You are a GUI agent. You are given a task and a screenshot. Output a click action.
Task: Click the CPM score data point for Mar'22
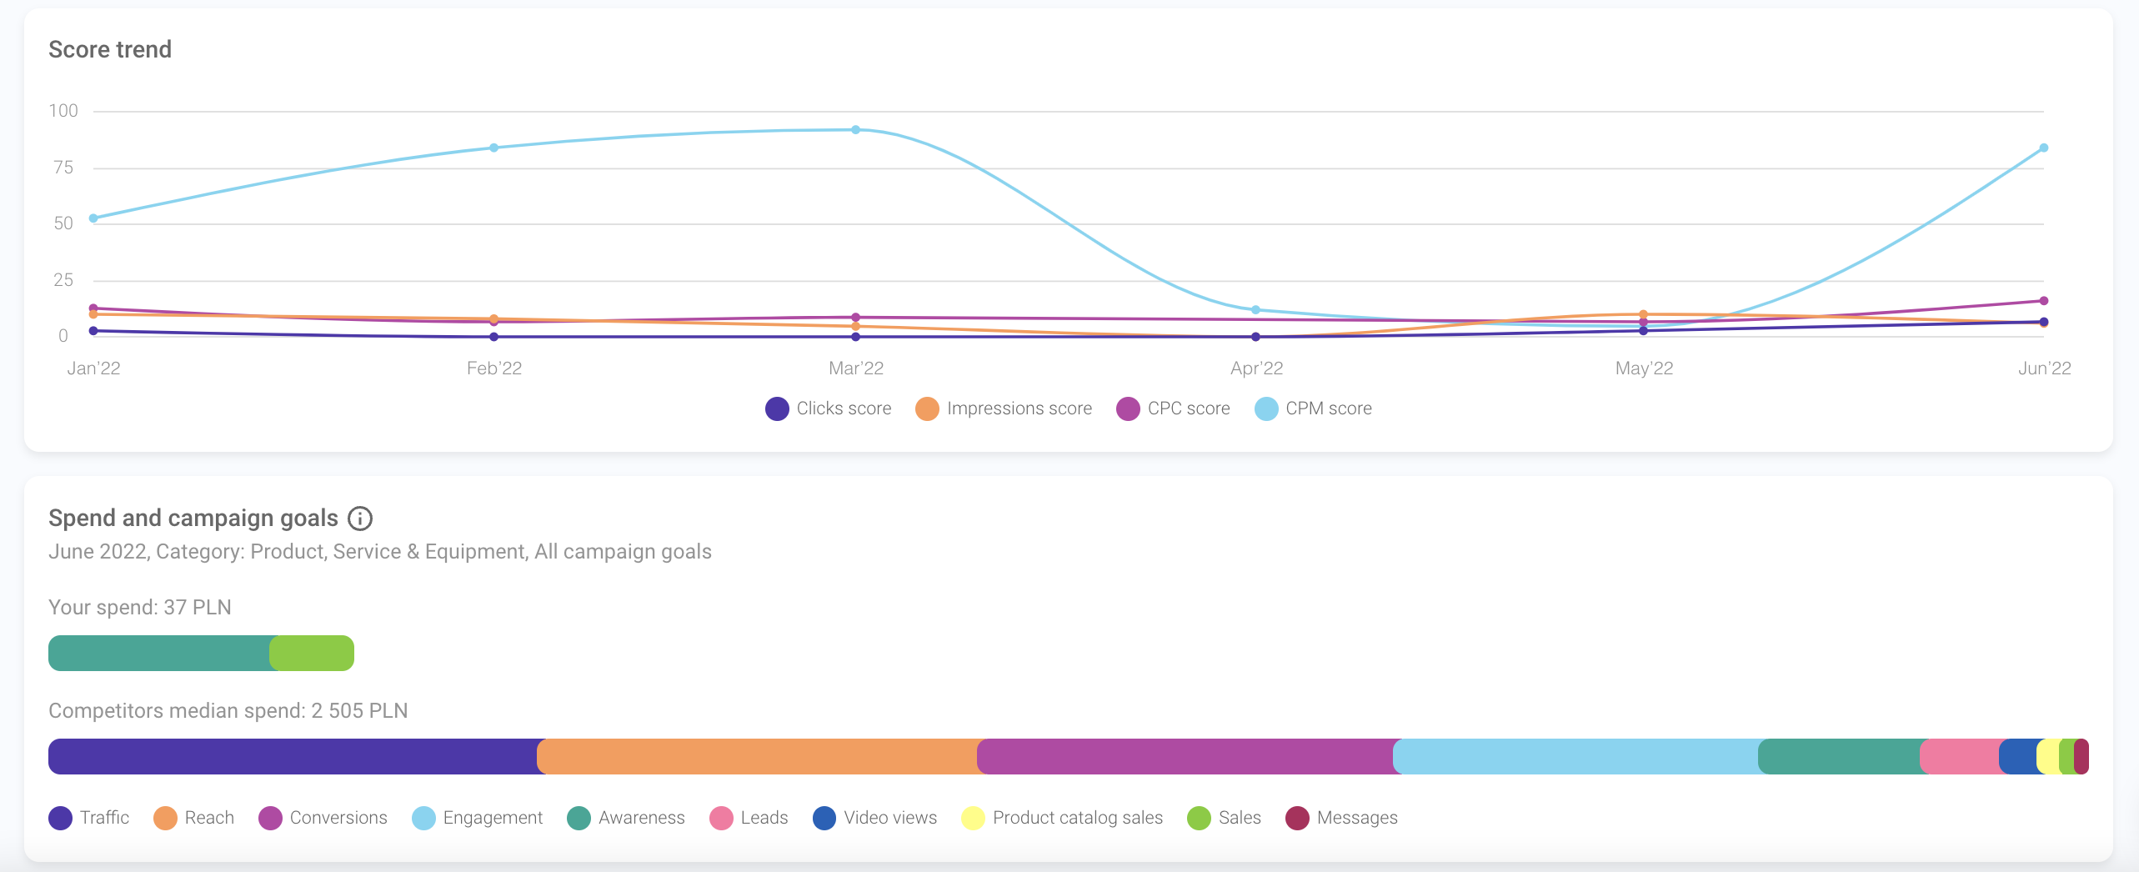(x=856, y=130)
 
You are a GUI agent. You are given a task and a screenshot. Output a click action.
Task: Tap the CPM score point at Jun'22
(x=2044, y=148)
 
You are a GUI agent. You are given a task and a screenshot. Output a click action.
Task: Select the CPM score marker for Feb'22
(x=494, y=148)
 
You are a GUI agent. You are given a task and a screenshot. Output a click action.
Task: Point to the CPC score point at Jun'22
(x=2044, y=301)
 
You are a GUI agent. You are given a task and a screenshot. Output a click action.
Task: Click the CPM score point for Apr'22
(x=1256, y=310)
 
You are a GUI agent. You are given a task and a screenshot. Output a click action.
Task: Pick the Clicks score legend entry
(x=829, y=408)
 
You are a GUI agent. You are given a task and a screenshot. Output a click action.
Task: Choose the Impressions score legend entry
(x=1004, y=408)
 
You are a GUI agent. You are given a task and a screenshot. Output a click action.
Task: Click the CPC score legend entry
(x=1174, y=408)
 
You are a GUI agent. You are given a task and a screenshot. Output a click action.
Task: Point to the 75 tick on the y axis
(x=63, y=168)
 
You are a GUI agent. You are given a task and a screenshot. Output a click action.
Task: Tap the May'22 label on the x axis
(x=1644, y=368)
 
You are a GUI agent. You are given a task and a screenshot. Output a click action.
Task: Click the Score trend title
(x=110, y=50)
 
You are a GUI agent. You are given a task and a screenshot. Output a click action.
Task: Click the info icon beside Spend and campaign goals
(x=360, y=519)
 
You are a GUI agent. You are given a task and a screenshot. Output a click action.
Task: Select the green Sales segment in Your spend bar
(x=313, y=653)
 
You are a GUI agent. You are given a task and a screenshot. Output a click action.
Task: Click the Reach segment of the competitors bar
(x=757, y=756)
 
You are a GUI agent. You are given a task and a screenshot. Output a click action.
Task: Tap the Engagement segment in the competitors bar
(x=1575, y=756)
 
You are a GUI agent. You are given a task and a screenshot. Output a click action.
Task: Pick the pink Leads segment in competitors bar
(x=1961, y=756)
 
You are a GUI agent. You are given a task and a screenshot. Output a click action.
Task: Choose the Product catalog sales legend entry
(x=1062, y=818)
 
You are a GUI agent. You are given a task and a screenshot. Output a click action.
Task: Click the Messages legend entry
(x=1342, y=818)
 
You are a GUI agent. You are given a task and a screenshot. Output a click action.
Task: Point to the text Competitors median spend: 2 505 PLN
(x=228, y=711)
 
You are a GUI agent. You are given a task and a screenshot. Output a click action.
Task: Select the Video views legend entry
(x=875, y=818)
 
